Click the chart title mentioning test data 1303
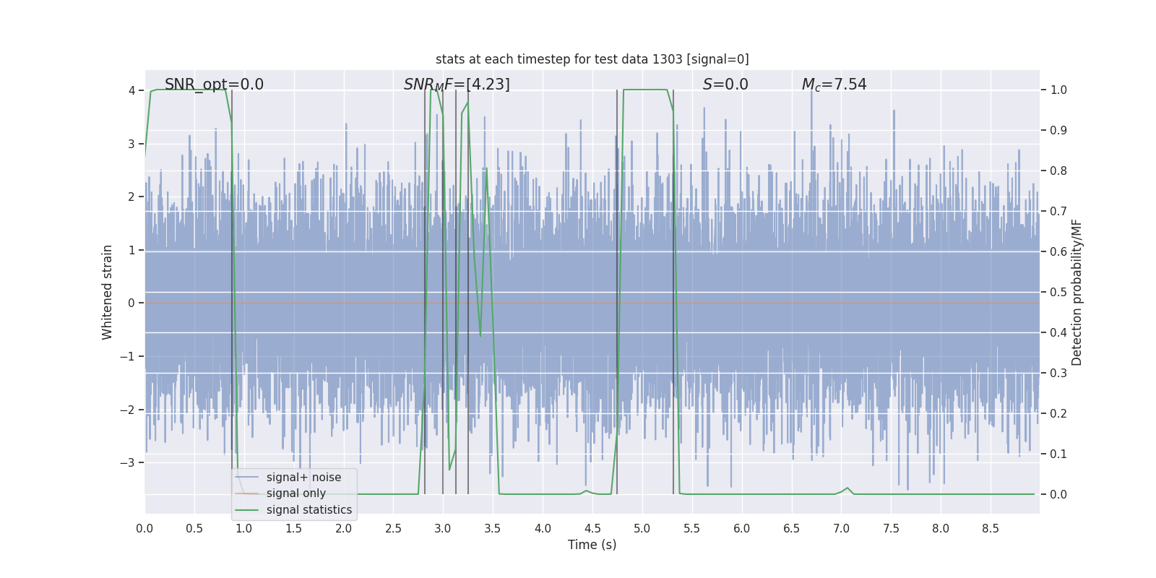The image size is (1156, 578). click(592, 59)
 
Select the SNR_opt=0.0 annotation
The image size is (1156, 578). click(214, 85)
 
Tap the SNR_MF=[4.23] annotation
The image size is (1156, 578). click(457, 85)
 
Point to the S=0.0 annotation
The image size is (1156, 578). click(725, 85)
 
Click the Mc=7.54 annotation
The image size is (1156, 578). click(834, 85)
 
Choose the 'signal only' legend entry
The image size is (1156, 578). click(296, 493)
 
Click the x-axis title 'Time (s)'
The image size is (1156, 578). click(592, 545)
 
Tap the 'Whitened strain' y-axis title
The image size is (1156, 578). click(108, 292)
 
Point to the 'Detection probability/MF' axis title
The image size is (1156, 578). click(1077, 292)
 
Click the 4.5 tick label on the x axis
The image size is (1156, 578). click(592, 528)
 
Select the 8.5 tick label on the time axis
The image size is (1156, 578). click(991, 528)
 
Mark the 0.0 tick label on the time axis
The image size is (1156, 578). click(144, 528)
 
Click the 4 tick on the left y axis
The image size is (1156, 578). click(131, 90)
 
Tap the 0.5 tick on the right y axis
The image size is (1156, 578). click(1058, 292)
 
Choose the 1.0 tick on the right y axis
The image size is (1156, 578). click(1058, 90)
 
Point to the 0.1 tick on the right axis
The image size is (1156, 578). click(1058, 454)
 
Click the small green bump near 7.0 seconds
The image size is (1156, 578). click(847, 488)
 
